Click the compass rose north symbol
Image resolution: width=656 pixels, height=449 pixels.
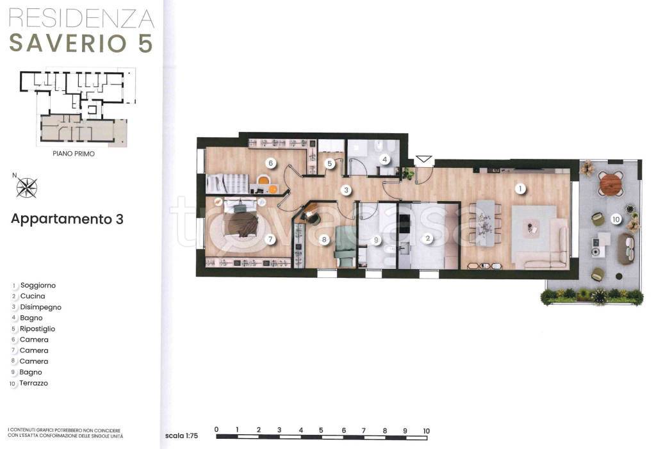(x=27, y=187)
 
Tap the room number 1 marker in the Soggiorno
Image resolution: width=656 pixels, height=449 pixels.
(x=520, y=189)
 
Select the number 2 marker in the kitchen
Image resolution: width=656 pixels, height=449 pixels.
(x=427, y=238)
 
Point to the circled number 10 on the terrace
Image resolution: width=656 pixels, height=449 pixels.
(x=616, y=219)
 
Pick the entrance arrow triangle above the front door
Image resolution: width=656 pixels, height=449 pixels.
(x=424, y=159)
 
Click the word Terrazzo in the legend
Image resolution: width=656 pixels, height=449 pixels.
(x=33, y=383)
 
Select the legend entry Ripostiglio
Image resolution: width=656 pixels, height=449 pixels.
(x=38, y=329)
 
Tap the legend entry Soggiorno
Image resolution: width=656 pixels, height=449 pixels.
(x=38, y=286)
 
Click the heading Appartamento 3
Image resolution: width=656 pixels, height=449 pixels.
(x=67, y=219)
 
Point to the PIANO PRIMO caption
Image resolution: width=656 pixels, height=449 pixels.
(x=74, y=154)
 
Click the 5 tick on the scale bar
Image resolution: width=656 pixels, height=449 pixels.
(x=321, y=430)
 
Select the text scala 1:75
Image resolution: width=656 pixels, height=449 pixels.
(x=181, y=436)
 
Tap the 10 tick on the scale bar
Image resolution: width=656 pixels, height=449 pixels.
(x=426, y=430)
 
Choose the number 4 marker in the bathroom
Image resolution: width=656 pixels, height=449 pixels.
(x=384, y=159)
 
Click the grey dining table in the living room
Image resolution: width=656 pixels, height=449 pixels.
(x=486, y=223)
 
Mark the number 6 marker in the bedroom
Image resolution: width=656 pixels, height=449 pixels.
(x=271, y=163)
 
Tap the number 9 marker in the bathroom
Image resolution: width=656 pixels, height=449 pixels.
(x=376, y=240)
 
